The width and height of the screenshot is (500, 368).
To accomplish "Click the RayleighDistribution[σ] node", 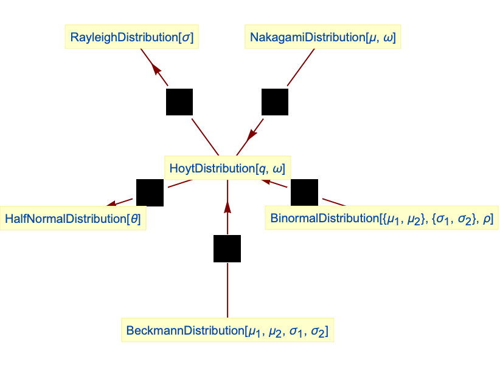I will [x=132, y=38].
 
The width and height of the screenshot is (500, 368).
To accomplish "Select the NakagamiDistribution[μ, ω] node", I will [x=322, y=38].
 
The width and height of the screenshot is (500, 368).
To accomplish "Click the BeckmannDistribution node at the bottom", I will [x=227, y=331].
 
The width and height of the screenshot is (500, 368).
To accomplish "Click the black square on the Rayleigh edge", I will [x=179, y=101].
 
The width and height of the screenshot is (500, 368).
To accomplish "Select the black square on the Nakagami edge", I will [x=275, y=101].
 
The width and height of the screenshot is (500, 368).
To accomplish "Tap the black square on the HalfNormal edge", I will [x=150, y=193].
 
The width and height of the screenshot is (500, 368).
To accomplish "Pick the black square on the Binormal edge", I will [x=304, y=193].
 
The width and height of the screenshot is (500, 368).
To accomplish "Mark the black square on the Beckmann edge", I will [x=227, y=248].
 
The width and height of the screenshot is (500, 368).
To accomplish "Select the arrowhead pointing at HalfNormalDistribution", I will [x=111, y=204].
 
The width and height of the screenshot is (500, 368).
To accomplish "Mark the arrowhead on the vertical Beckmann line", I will [x=227, y=208].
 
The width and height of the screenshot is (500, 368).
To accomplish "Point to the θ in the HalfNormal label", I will [x=134, y=218].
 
